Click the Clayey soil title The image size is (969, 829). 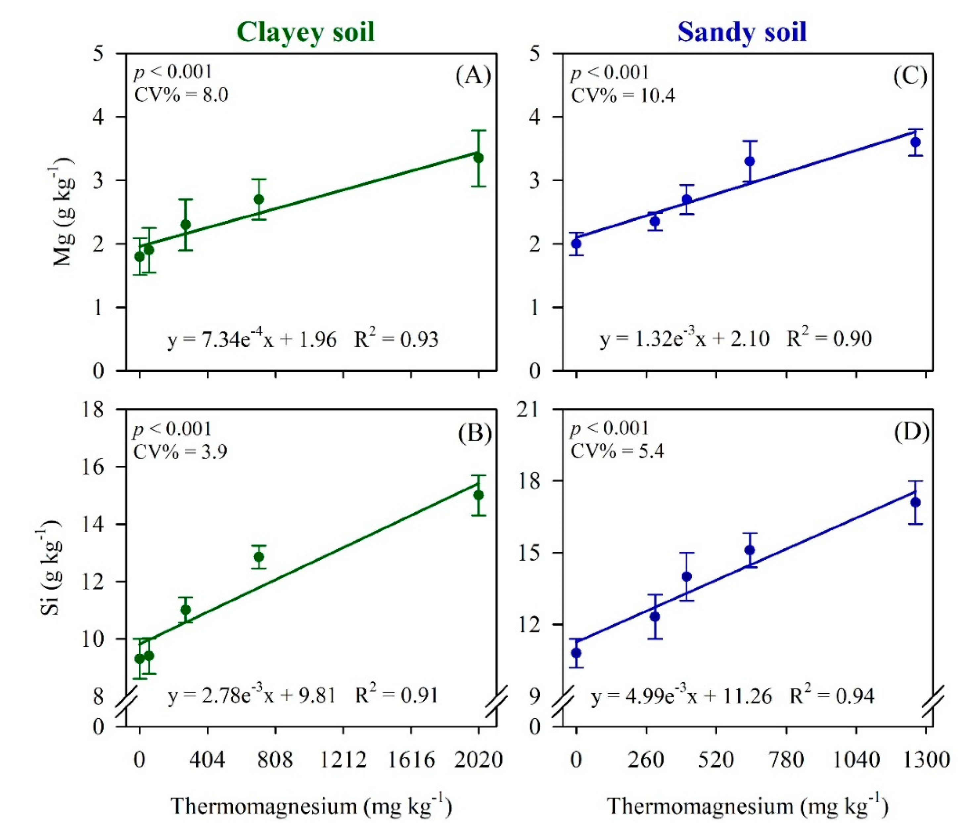[x=305, y=33]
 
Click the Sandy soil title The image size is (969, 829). [x=742, y=33]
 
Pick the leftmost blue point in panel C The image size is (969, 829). [x=577, y=243]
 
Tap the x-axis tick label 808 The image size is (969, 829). [x=275, y=760]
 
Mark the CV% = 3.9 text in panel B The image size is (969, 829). [x=180, y=452]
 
